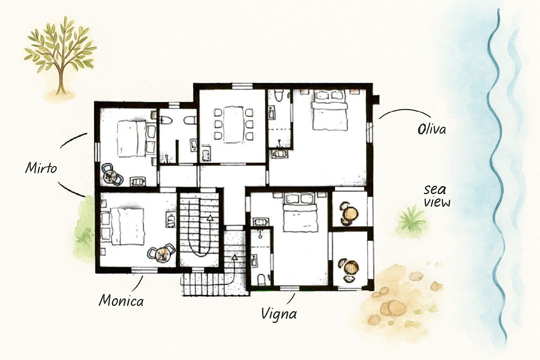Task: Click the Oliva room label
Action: pos(431,129)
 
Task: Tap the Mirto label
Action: pos(41,168)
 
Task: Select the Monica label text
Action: pos(121,301)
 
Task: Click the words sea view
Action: pos(437,196)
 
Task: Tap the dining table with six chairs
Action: pos(233,125)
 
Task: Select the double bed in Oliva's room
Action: pos(329,110)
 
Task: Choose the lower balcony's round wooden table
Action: pos(351,268)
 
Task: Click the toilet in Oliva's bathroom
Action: pos(279,95)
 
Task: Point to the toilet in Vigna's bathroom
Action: pos(261,280)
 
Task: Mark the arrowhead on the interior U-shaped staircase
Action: pos(210,218)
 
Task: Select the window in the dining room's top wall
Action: pos(242,86)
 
